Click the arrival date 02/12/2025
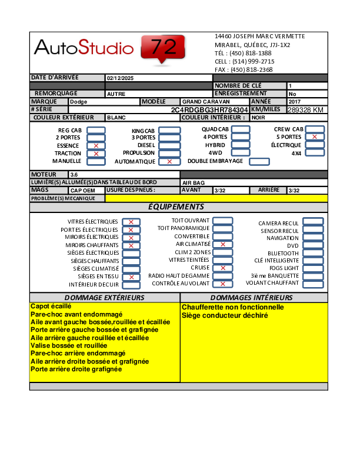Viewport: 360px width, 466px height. click(x=121, y=78)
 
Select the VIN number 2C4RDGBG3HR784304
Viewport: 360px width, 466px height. click(x=209, y=110)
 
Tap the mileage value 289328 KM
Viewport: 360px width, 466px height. click(x=305, y=110)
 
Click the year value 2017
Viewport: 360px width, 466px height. click(x=295, y=102)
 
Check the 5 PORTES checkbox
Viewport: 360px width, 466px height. click(x=315, y=137)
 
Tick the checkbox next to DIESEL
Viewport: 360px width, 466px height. click(x=169, y=145)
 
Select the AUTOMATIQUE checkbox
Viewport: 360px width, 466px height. click(x=169, y=161)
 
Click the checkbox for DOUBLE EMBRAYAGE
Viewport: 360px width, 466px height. click(x=259, y=161)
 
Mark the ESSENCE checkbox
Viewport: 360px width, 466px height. click(x=96, y=145)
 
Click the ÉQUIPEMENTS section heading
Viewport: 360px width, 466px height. click(x=176, y=207)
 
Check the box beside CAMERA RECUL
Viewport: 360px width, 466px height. click(x=313, y=222)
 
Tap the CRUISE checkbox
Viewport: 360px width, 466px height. click(x=222, y=268)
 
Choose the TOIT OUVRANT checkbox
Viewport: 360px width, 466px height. click(x=222, y=221)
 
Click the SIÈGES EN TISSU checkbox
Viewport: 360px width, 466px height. click(x=131, y=277)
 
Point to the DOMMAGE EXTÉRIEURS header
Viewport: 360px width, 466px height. click(x=104, y=298)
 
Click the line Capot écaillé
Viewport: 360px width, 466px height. click(x=51, y=307)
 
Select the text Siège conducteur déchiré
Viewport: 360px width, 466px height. click(x=225, y=315)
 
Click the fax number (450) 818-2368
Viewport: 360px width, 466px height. click(x=251, y=69)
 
